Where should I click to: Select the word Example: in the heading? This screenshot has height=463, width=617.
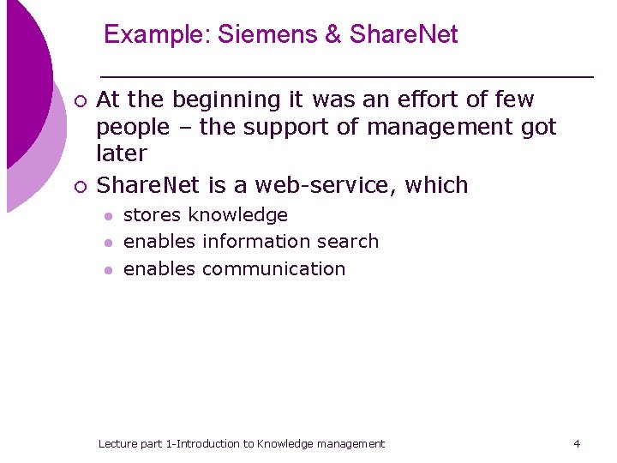157,35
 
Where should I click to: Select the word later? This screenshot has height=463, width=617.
122,154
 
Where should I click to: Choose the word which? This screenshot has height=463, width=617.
437,185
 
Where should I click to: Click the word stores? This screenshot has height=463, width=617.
153,215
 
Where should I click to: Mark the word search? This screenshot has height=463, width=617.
348,242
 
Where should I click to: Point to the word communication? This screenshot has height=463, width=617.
273,269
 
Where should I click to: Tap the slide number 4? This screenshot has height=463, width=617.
577,444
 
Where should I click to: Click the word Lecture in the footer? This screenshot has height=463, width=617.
118,444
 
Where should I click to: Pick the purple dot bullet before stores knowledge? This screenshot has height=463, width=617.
107,216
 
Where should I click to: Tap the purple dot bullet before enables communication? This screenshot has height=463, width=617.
107,270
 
